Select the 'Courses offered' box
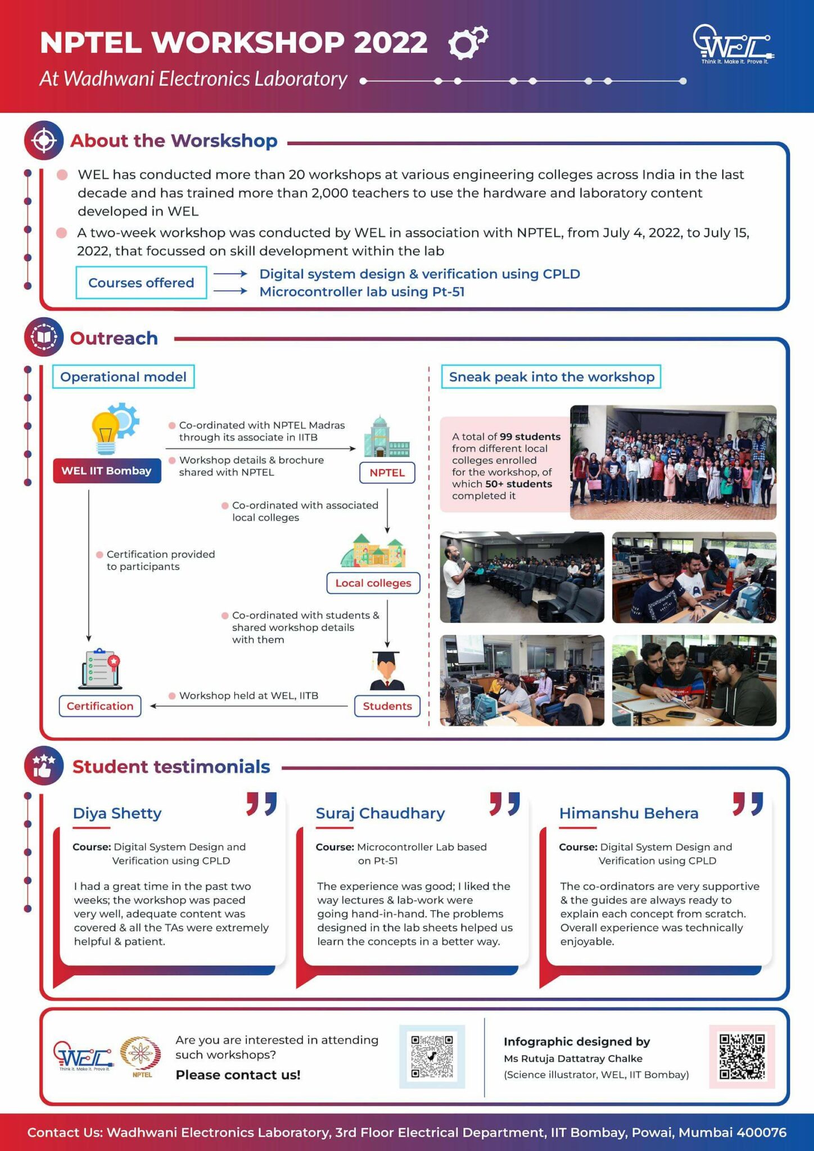(x=141, y=283)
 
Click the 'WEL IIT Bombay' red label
(x=107, y=471)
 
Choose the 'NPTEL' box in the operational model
(x=387, y=473)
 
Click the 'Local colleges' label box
(x=373, y=583)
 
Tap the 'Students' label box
(x=387, y=706)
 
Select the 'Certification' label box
(x=100, y=706)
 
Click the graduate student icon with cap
(x=387, y=670)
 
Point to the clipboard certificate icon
(x=100, y=669)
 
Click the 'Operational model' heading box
(x=123, y=377)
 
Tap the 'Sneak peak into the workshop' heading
(x=551, y=377)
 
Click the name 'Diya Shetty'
(x=117, y=813)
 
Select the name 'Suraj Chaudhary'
(x=380, y=813)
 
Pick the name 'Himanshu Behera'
(x=628, y=813)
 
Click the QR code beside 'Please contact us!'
(x=432, y=1057)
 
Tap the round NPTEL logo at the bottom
(x=141, y=1053)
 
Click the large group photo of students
(x=673, y=462)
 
